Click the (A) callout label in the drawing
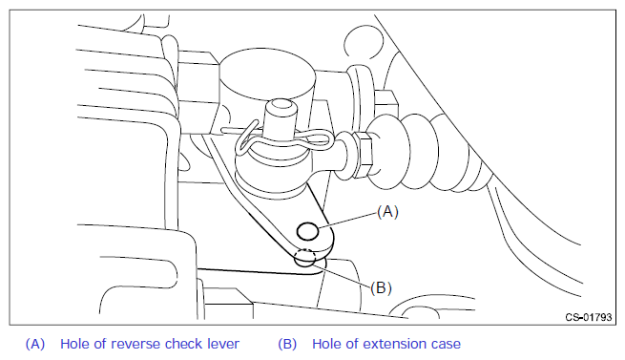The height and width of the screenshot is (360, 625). [387, 212]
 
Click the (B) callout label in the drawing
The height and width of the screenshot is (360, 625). [381, 287]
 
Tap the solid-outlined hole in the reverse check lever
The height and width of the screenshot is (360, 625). [307, 231]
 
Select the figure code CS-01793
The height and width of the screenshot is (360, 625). [589, 317]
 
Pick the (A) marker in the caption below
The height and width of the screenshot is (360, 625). [35, 344]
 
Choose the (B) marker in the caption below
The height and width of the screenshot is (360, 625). [287, 344]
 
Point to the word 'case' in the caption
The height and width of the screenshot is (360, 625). [446, 345]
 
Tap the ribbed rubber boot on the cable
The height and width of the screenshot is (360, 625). [427, 152]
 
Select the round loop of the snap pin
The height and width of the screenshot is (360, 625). [245, 140]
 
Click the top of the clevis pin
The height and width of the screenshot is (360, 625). [281, 105]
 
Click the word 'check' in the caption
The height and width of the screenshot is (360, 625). [184, 344]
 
